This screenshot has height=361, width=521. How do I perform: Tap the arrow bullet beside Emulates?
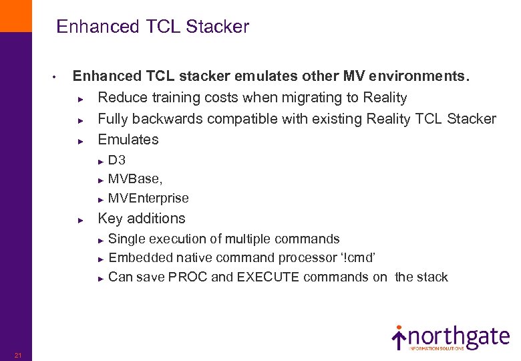point(79,141)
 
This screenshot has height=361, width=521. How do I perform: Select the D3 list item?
point(117,160)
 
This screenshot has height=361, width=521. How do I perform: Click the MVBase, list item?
point(135,179)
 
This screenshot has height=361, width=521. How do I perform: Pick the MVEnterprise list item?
point(148,198)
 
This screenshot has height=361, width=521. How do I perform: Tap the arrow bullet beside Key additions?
point(79,220)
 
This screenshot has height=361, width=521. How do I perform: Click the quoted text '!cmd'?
point(363,257)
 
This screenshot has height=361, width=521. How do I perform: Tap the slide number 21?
point(18,355)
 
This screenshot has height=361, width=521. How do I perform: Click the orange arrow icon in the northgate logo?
point(399,337)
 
